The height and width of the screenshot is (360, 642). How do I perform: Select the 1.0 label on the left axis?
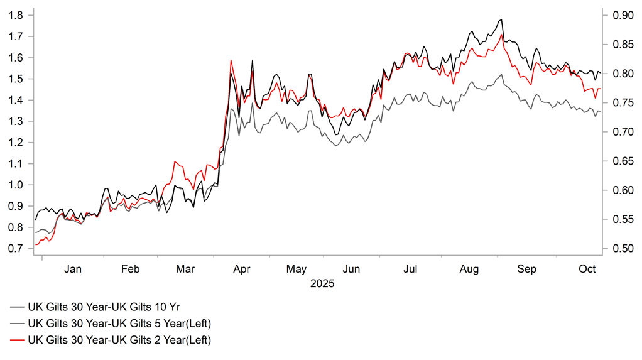[x=16, y=185]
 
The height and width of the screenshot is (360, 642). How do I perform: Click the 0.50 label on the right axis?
[x=615, y=249]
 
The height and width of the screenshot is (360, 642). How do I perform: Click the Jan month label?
[x=73, y=270]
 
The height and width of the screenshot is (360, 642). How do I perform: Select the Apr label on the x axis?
[x=242, y=270]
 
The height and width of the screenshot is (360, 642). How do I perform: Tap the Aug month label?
[x=469, y=270]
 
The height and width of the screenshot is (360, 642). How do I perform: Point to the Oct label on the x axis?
[x=587, y=270]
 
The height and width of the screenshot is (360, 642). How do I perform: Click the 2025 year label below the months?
[x=323, y=284]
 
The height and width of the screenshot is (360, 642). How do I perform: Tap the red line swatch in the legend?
[x=17, y=340]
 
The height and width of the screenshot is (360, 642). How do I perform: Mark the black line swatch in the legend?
[x=17, y=307]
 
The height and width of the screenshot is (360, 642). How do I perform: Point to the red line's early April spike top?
[x=231, y=60]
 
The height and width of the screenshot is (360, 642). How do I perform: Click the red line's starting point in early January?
[x=36, y=244]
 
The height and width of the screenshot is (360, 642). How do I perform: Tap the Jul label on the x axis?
[x=410, y=270]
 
